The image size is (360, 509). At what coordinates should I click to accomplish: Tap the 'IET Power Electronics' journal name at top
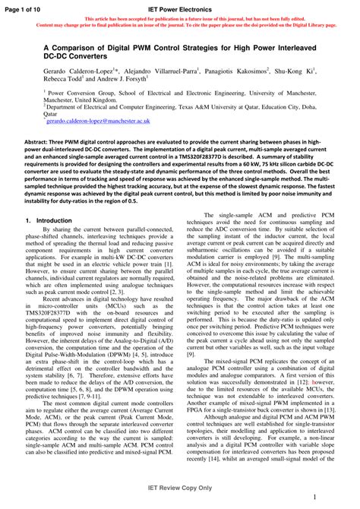[180, 7]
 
